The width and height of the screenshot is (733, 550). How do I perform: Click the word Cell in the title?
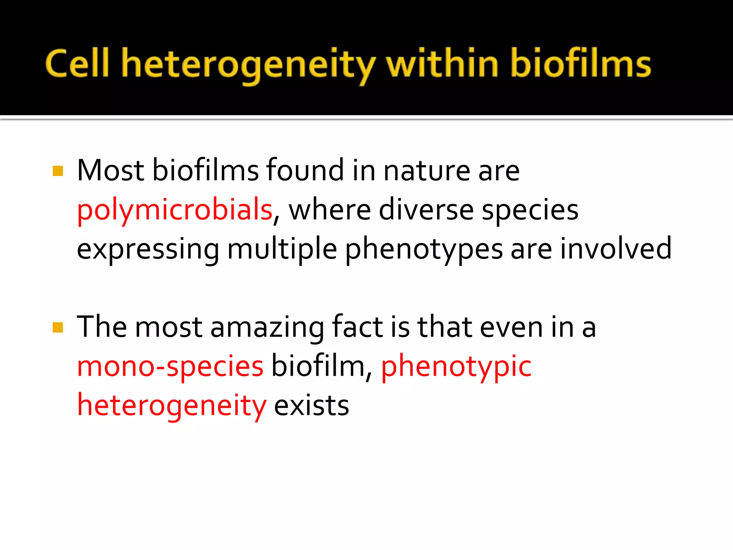77,64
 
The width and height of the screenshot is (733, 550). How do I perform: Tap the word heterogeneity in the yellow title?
248,64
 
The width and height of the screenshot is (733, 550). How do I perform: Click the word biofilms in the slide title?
581,64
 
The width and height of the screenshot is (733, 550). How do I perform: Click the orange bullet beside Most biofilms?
58,171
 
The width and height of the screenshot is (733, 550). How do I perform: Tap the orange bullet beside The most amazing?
58,327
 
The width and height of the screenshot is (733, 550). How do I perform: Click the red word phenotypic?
456,367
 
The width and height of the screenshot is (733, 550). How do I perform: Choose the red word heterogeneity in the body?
172,406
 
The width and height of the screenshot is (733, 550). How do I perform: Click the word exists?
311,406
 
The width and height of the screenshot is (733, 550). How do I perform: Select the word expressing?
148,249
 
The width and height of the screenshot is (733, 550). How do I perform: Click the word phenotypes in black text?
424,249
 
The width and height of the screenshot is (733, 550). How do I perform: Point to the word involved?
616,248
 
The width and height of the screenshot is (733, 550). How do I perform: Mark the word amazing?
267,327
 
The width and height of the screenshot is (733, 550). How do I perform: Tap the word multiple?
282,249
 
